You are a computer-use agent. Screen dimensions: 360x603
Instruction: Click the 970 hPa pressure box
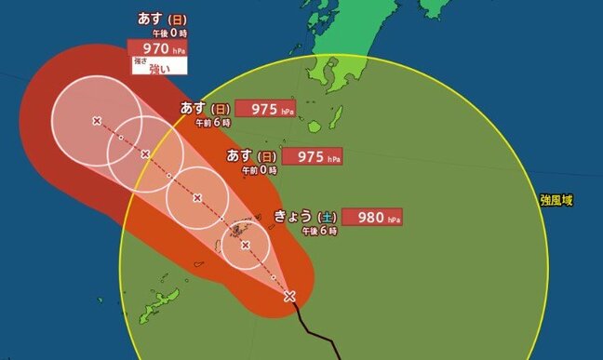click(157, 47)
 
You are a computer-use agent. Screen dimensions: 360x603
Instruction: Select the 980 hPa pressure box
click(373, 217)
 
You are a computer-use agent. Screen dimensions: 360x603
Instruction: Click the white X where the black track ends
click(289, 297)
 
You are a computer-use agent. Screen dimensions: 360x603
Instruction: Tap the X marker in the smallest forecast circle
click(245, 246)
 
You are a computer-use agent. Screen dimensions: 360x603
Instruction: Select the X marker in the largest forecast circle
click(97, 120)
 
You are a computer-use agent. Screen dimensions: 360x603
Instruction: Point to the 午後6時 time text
click(319, 231)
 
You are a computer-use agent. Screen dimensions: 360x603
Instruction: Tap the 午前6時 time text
click(213, 122)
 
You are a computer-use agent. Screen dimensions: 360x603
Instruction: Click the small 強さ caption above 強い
click(141, 60)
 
